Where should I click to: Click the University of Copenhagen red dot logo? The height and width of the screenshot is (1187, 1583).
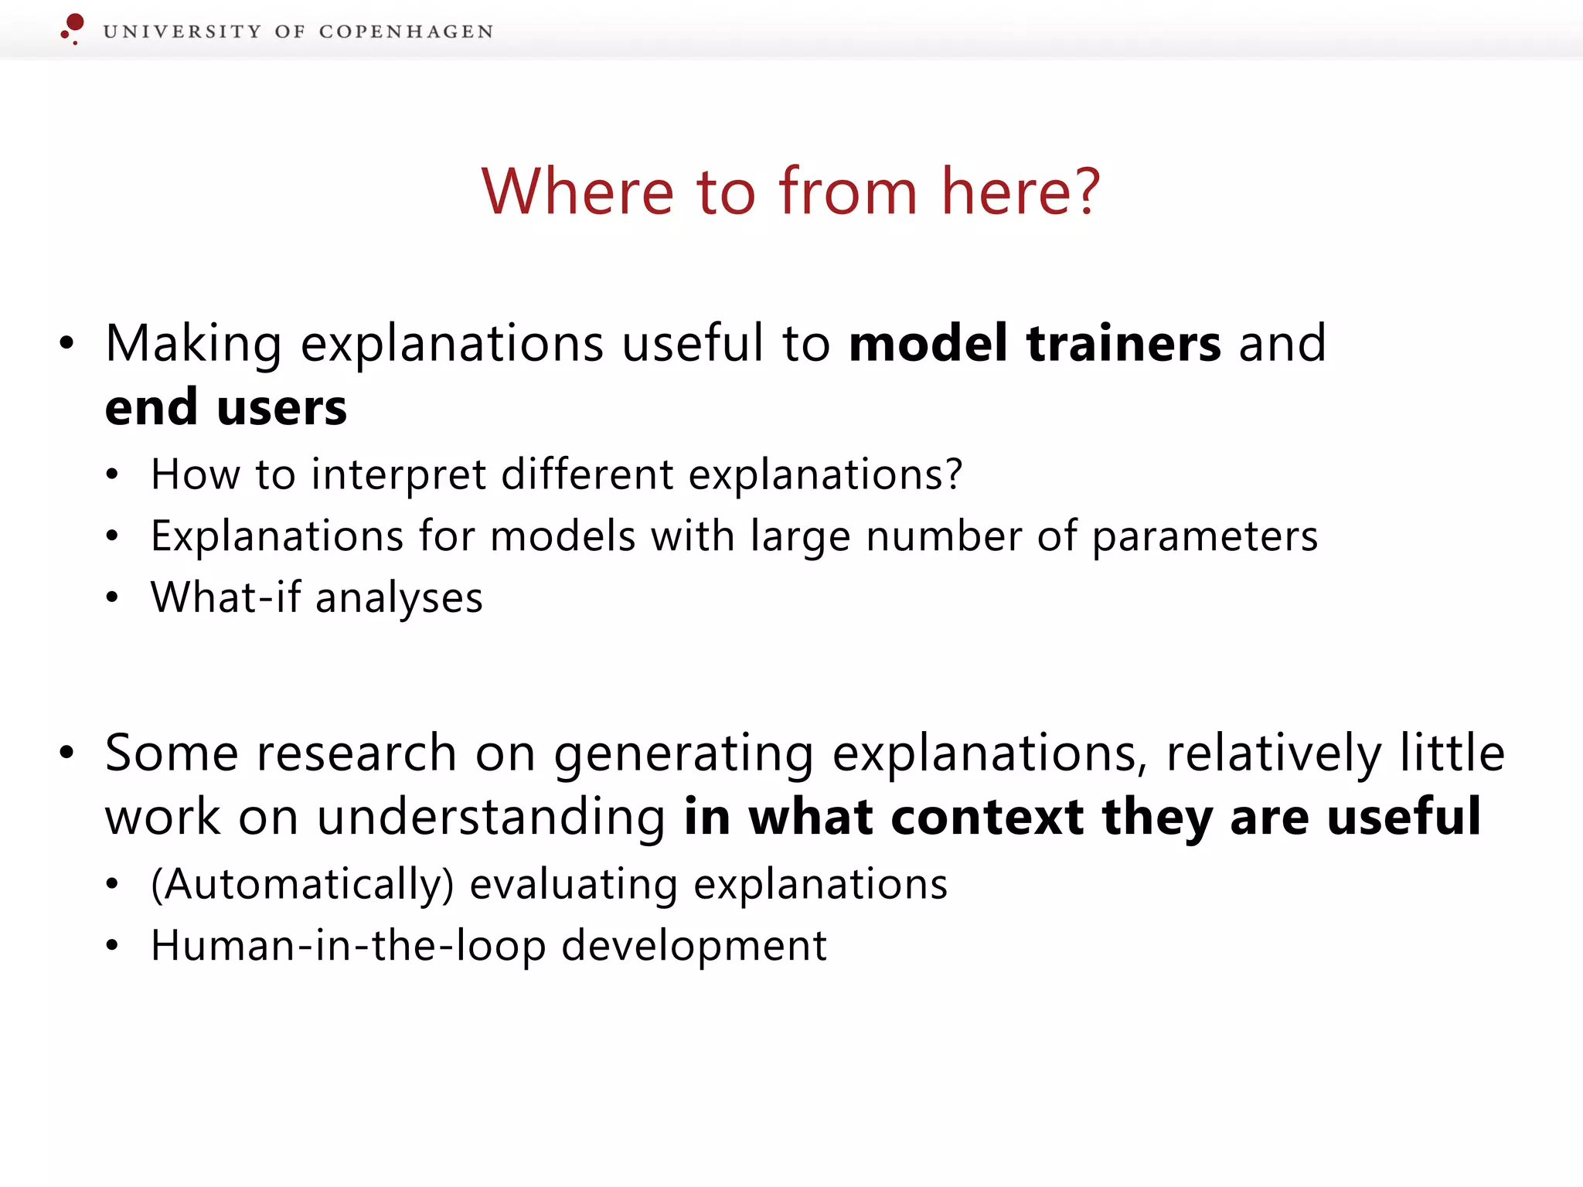point(73,28)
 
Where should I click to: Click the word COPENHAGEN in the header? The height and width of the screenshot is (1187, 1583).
point(406,32)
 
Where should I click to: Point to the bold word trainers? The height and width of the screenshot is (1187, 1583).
point(1124,343)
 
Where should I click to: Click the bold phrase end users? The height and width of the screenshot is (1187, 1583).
point(226,407)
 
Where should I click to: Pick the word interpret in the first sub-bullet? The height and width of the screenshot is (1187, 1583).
point(398,474)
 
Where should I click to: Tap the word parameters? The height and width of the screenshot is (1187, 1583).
point(1205,536)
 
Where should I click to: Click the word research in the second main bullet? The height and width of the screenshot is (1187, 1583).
point(357,753)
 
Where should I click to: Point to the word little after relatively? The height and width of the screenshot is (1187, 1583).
point(1452,753)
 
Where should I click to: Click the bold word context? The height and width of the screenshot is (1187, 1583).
point(987,817)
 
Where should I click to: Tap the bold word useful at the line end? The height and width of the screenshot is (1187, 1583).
point(1404,817)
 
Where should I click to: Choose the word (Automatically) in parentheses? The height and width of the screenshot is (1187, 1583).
point(302,884)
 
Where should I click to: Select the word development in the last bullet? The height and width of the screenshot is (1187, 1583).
point(694,946)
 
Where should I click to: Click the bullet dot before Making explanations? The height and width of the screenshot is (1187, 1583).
point(67,343)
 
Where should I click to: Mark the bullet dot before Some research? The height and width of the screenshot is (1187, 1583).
point(67,753)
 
